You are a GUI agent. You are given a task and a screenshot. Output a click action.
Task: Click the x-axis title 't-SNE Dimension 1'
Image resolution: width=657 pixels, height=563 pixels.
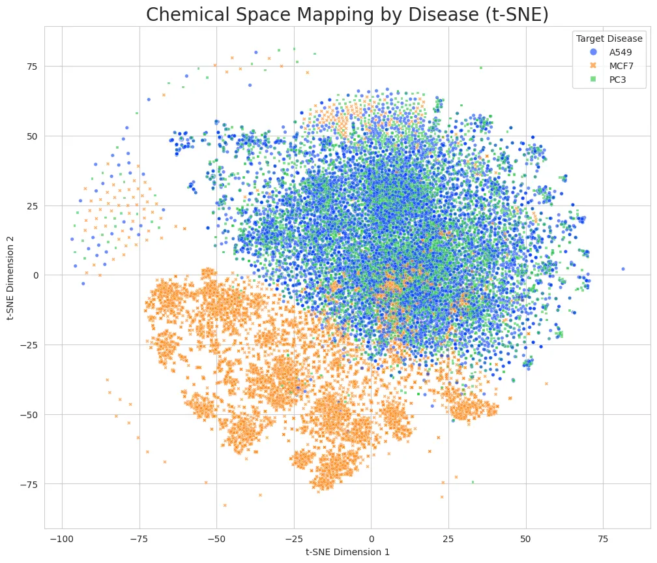tap(347, 552)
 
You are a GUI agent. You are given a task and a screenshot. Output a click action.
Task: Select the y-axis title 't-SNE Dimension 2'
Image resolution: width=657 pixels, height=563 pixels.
tap(11, 277)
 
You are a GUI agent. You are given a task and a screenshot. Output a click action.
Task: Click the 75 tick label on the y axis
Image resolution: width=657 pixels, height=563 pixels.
tap(32, 67)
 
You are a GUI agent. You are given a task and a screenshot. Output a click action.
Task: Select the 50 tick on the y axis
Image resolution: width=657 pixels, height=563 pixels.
tap(32, 136)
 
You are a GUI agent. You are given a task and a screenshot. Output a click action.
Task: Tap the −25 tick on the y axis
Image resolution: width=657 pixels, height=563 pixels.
tap(30, 345)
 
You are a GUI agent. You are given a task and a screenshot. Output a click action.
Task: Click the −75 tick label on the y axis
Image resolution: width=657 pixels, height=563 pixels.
tap(30, 484)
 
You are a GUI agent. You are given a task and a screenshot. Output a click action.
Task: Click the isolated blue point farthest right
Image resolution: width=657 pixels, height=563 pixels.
tap(622, 269)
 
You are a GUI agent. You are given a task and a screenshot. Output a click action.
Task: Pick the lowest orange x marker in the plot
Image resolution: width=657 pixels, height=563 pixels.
tap(225, 505)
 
